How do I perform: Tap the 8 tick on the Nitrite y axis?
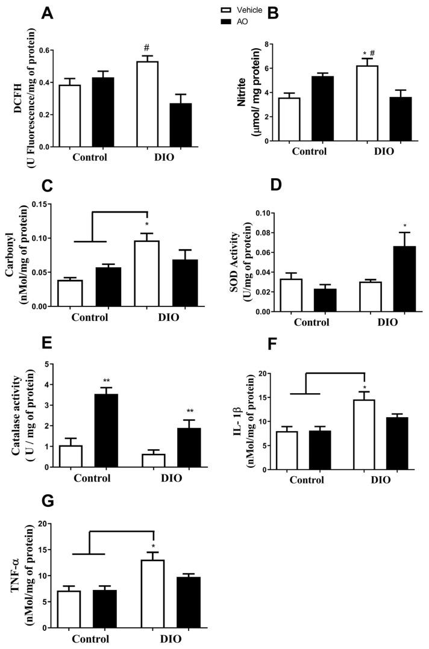click(272, 45)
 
